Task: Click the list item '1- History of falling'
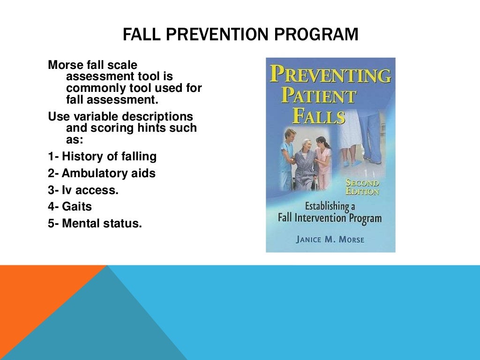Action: click(x=102, y=156)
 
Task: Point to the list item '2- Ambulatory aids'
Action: click(x=102, y=173)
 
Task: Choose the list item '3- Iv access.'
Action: click(x=83, y=190)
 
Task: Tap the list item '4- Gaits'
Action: click(x=70, y=207)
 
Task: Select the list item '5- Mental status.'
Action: click(x=95, y=224)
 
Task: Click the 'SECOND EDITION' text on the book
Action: click(x=362, y=187)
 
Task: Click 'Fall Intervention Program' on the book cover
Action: click(x=329, y=218)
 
